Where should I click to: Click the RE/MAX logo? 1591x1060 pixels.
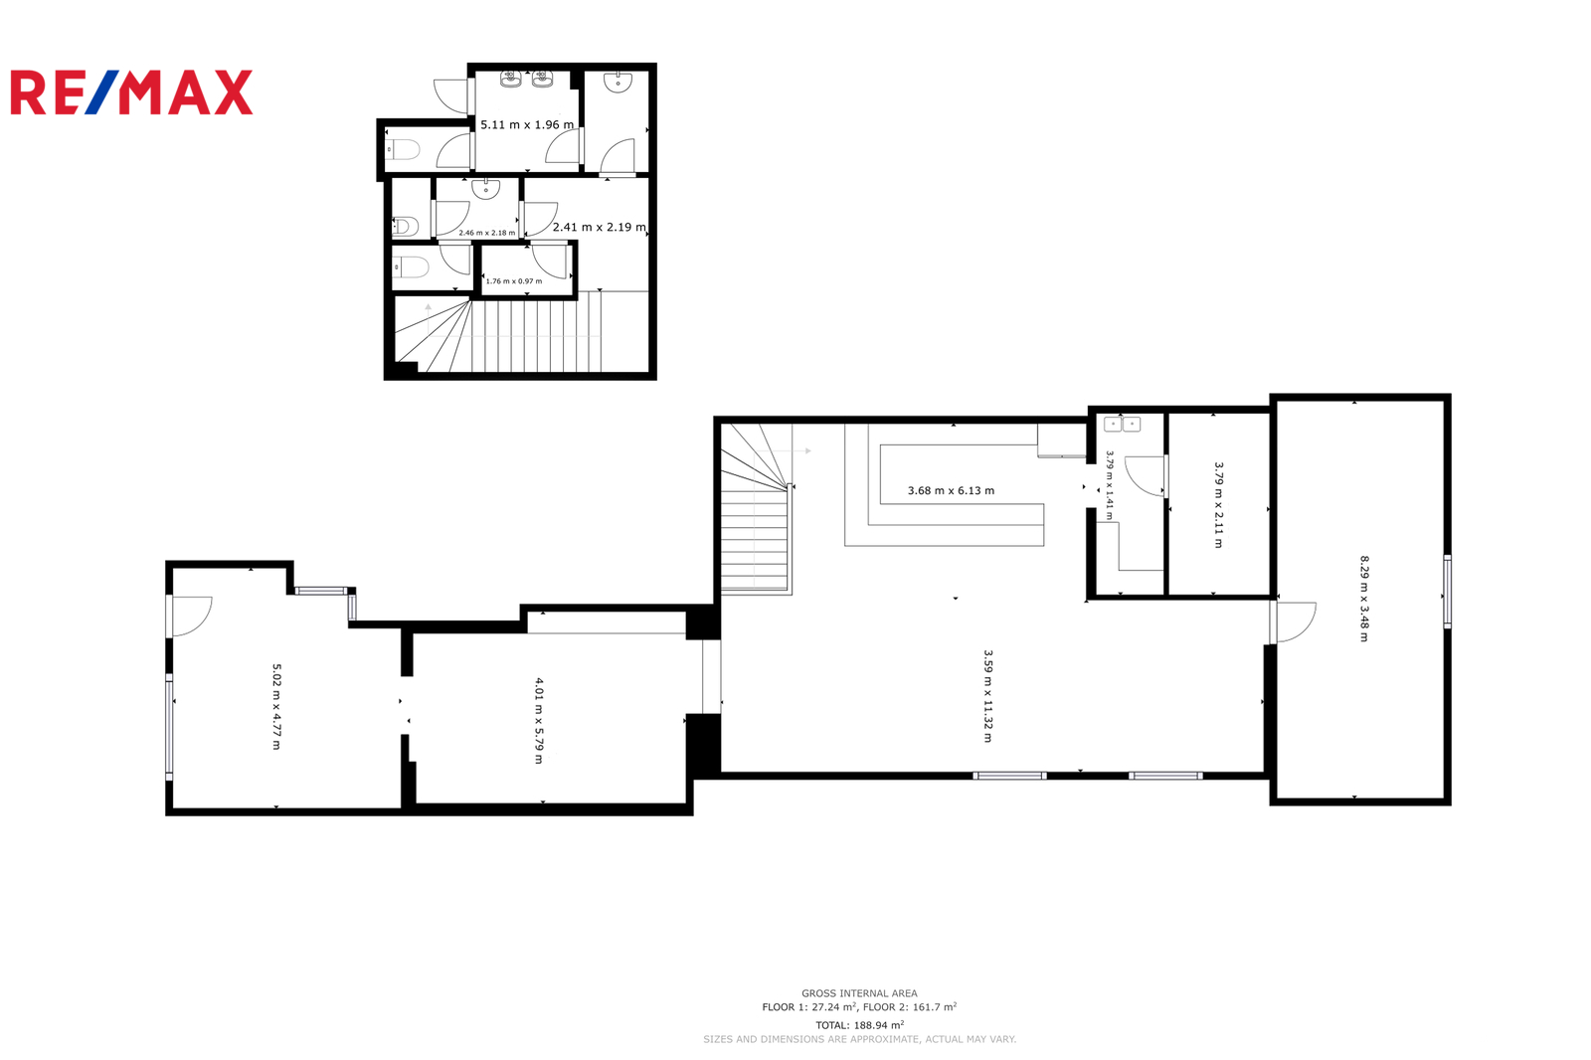click(131, 92)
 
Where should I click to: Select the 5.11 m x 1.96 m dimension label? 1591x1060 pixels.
click(527, 125)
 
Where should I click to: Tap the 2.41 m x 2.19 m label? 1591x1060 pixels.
click(600, 228)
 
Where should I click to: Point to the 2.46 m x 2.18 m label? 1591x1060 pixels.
click(487, 233)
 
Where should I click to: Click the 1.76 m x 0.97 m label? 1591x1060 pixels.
click(513, 281)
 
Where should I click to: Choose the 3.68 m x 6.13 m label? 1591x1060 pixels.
click(951, 491)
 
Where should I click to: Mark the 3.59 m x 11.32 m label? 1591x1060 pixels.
click(988, 696)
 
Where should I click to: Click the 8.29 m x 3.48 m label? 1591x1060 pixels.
click(1363, 599)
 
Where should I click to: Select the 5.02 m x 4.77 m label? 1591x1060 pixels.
click(277, 707)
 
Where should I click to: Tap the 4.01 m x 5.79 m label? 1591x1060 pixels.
click(539, 721)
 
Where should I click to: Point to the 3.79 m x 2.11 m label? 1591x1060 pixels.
click(1219, 505)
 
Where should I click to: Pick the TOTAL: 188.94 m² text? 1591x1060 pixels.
click(859, 1025)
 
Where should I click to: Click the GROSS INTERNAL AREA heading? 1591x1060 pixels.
click(859, 993)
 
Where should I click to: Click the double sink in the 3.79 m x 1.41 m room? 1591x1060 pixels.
click(1123, 425)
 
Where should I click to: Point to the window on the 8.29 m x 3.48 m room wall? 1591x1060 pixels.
click(1448, 592)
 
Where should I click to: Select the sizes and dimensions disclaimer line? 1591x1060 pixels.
click(859, 1039)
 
